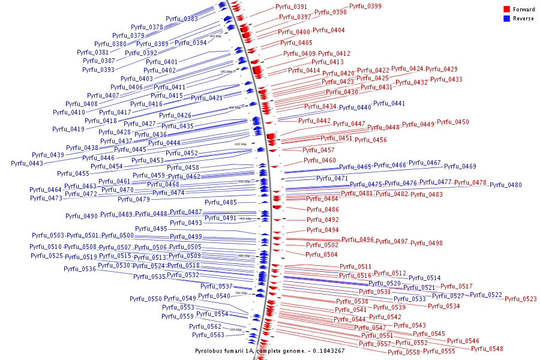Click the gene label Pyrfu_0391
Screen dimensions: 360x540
pos(291,7)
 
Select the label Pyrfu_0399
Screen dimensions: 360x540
pos(365,6)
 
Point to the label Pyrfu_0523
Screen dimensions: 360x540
pos(520,299)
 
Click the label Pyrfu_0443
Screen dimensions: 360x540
pos(27,163)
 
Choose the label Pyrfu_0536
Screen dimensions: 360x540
pos(80,269)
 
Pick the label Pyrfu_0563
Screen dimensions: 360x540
pos(208,335)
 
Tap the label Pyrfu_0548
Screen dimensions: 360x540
pos(487,349)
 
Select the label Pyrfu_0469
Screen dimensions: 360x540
pos(460,166)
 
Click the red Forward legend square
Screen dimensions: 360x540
pos(506,10)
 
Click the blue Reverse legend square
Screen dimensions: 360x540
pos(506,19)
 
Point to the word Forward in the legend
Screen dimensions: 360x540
pos(524,10)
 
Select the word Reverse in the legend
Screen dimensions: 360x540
pos(523,19)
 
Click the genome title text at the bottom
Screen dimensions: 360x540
pos(270,350)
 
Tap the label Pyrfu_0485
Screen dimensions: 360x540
pos(221,202)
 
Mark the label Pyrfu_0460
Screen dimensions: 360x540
pos(319,160)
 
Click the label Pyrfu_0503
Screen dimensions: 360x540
pos(47,235)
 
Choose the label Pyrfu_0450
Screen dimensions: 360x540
pos(452,122)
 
